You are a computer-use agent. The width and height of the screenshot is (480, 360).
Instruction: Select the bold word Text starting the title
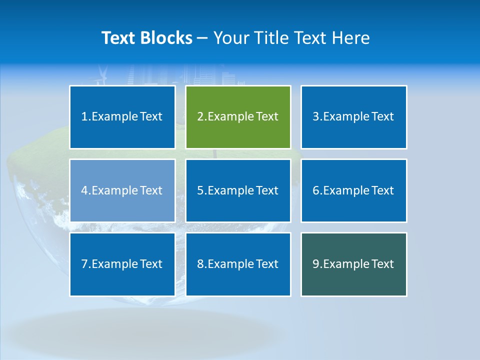point(119,38)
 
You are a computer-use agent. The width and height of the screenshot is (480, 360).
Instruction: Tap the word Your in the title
point(229,38)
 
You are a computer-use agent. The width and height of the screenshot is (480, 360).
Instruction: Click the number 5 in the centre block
point(200,190)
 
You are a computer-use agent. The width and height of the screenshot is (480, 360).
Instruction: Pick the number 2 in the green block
point(200,116)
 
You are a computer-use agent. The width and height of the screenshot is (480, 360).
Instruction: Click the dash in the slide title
point(202,38)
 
